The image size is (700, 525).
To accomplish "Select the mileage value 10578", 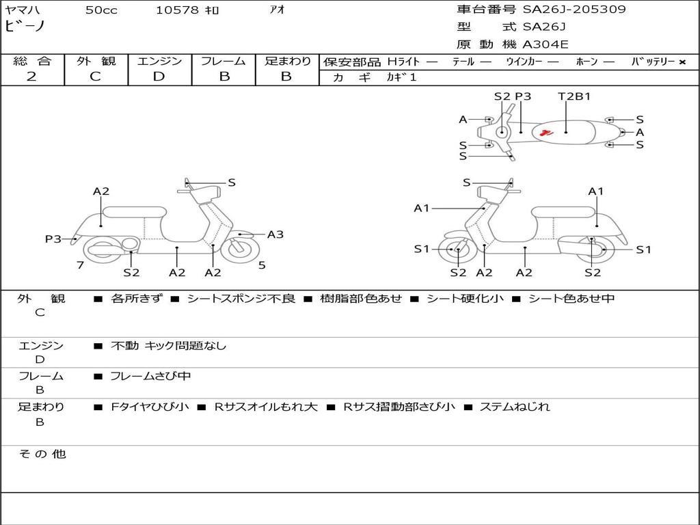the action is tap(177, 10).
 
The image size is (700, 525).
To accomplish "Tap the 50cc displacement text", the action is tap(101, 10).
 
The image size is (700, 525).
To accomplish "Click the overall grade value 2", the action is tap(31, 77).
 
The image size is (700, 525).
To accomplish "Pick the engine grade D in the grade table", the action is tap(159, 77).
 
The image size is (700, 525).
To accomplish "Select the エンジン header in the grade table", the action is tap(159, 61).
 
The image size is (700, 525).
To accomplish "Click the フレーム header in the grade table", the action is tap(223, 61).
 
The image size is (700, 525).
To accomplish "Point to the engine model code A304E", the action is tap(546, 45).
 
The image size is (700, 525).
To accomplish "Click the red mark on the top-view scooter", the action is tap(545, 133).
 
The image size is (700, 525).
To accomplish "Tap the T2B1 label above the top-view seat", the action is tap(574, 96).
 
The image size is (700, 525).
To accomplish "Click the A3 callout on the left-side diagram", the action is tap(275, 234).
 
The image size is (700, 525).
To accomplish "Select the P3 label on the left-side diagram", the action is tap(53, 239).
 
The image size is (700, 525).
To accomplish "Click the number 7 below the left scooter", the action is tap(81, 265).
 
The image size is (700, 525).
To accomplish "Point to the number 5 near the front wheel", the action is tap(262, 265).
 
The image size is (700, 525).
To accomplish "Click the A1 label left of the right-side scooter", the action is tap(421, 208).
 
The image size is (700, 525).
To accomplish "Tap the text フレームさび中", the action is tap(150, 376).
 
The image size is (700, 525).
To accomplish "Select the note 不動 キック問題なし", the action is tap(168, 346).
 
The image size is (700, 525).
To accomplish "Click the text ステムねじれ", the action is tap(514, 407).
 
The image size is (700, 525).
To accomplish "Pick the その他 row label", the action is tap(42, 454).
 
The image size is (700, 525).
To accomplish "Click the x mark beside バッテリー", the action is tap(682, 62).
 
